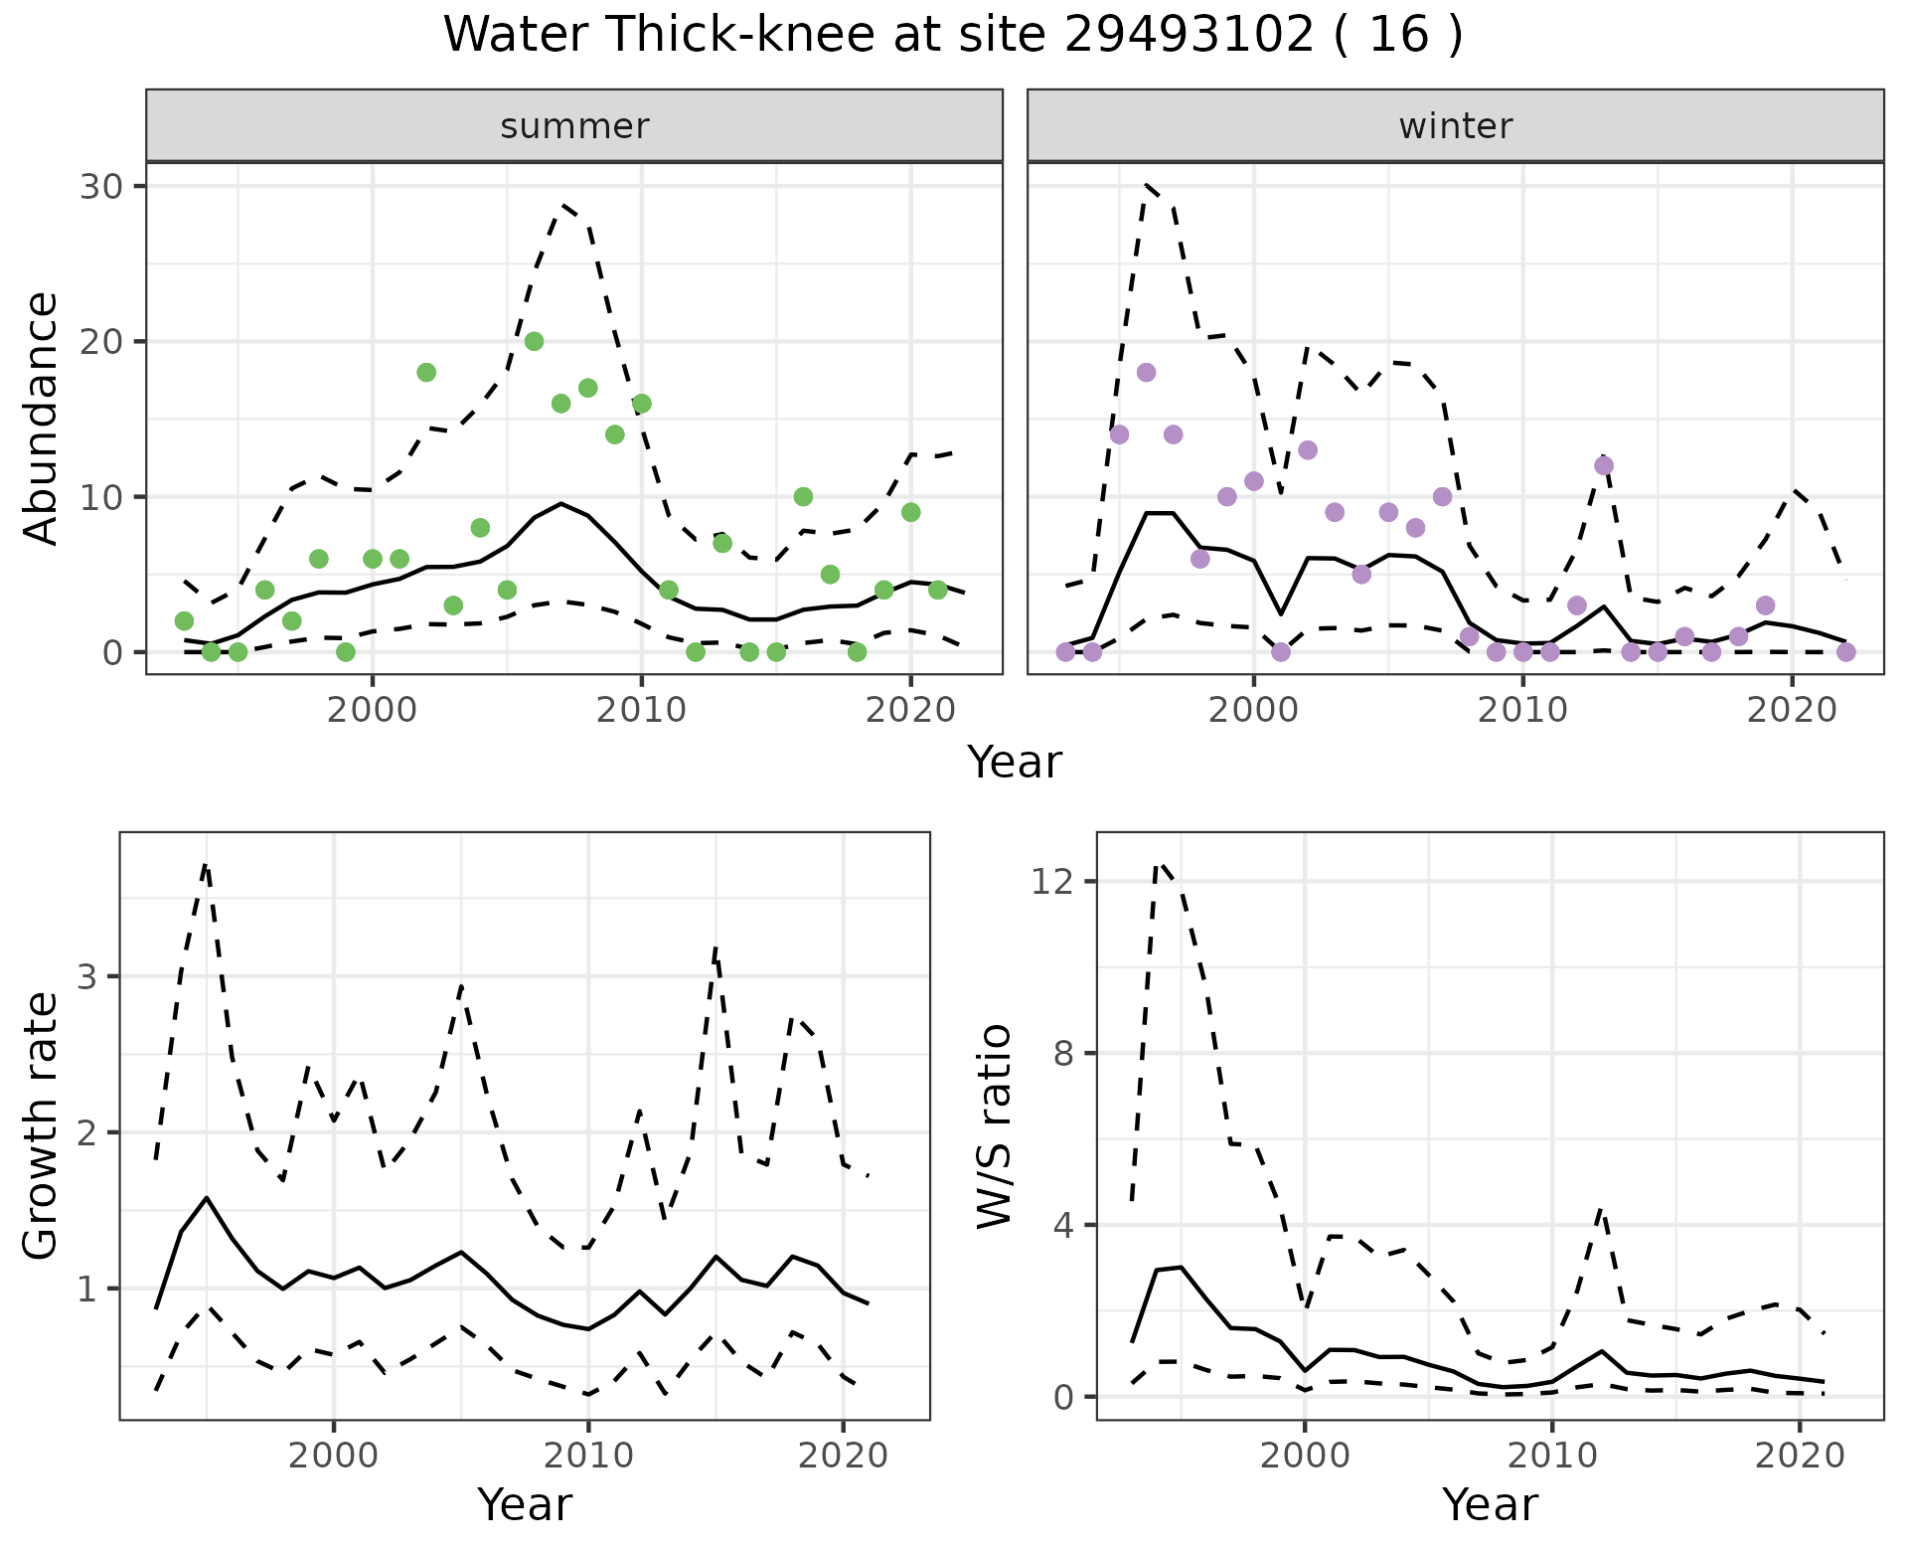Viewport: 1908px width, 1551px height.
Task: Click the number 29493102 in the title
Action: click(1190, 35)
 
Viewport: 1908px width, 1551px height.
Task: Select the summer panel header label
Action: click(574, 126)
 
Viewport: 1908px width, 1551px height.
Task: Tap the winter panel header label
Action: click(1455, 126)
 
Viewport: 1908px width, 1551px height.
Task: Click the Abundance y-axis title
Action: click(41, 419)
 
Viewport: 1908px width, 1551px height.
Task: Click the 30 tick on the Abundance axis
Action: click(100, 187)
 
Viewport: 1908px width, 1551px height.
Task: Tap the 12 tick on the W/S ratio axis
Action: click(1051, 882)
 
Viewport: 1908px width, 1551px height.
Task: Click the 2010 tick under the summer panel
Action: click(642, 710)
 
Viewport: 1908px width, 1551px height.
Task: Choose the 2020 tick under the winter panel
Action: click(1792, 710)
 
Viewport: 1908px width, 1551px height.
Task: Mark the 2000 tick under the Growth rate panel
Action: click(334, 1456)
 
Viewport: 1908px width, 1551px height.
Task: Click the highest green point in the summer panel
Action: click(534, 341)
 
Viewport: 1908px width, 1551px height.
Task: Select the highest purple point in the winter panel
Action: click(1146, 373)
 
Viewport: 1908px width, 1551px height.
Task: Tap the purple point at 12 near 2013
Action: click(1604, 465)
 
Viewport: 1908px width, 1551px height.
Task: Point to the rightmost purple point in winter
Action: click(1845, 652)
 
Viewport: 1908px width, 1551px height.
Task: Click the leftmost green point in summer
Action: click(184, 621)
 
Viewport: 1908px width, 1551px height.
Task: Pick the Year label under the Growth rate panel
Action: click(525, 1504)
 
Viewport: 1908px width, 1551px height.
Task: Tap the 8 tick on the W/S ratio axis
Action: click(1063, 1053)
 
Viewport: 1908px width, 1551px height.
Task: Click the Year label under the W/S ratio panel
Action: click(1490, 1504)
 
